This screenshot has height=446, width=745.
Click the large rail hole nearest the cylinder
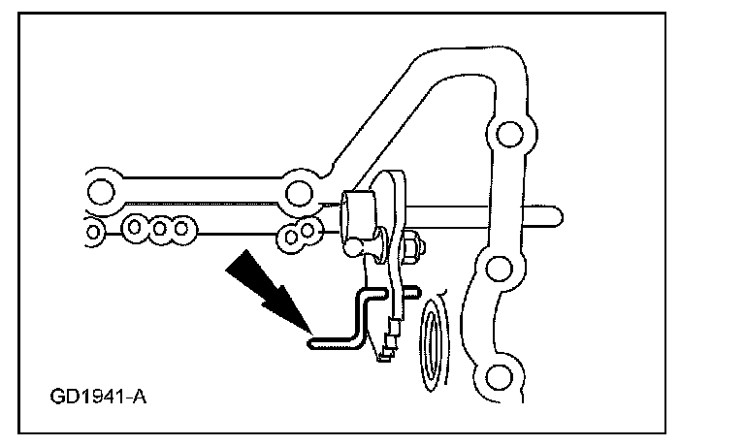coord(300,191)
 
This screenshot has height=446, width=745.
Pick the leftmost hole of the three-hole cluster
coord(134,229)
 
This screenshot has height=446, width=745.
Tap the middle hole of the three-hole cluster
coord(157,229)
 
